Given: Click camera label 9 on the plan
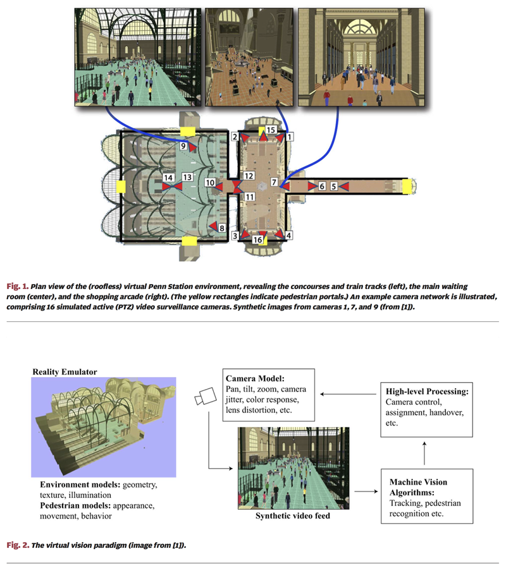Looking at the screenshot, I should click(x=183, y=146).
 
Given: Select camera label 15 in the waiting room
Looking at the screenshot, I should click(x=270, y=130).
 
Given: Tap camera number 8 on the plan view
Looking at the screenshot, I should click(x=222, y=226).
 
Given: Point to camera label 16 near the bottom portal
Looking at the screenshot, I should click(x=257, y=240).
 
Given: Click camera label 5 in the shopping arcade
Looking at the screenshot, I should click(x=335, y=187).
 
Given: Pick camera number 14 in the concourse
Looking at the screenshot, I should click(x=168, y=178).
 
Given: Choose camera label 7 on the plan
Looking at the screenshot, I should click(x=274, y=182).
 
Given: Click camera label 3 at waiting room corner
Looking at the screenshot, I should click(x=235, y=235).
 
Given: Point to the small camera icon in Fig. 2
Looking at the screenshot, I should click(x=206, y=396).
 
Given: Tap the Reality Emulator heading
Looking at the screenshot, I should click(x=65, y=372).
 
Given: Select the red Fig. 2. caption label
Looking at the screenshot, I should click(x=17, y=544).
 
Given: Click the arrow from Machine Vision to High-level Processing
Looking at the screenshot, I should click(x=425, y=453).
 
